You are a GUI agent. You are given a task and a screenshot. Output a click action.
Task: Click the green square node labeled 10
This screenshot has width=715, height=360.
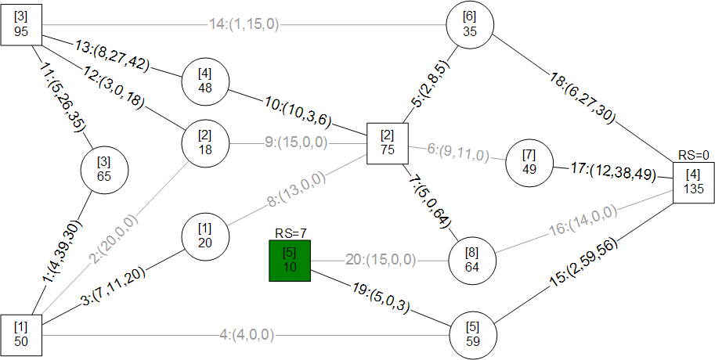click(x=290, y=261)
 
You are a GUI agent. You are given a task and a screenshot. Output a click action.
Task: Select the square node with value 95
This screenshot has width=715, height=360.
click(x=21, y=25)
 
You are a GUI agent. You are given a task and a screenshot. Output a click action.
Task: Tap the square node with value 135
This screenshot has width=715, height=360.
click(x=694, y=182)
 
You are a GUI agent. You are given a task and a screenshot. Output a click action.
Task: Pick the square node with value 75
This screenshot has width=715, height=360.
click(x=388, y=143)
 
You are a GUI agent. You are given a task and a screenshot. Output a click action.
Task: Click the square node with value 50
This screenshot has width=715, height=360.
click(x=21, y=335)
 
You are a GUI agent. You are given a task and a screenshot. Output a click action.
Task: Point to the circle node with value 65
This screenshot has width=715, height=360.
click(x=104, y=170)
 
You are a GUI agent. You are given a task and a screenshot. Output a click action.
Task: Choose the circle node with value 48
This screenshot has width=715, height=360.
click(x=205, y=81)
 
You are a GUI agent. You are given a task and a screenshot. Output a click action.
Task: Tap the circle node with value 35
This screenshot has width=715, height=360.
click(x=470, y=24)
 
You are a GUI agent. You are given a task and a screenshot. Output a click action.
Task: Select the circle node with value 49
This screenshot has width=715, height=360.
click(x=529, y=163)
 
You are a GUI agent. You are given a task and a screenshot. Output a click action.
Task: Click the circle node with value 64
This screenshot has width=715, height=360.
click(x=472, y=261)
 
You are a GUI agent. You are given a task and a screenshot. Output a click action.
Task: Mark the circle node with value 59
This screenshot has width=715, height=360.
click(x=473, y=335)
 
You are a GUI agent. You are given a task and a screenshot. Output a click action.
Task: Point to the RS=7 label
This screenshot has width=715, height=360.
click(x=290, y=234)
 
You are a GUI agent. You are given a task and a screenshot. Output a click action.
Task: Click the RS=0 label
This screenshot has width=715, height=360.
click(x=694, y=156)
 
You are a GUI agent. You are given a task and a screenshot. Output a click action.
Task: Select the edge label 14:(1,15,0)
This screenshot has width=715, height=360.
click(x=244, y=24)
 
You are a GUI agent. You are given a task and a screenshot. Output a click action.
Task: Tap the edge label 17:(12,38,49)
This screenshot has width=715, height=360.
click(x=613, y=171)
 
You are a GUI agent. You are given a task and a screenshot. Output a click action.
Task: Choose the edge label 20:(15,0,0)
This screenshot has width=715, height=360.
click(x=381, y=260)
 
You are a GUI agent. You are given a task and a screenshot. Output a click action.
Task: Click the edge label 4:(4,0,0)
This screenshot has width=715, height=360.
click(x=247, y=336)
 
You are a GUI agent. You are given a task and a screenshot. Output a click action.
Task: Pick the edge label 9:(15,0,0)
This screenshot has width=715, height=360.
click(x=296, y=143)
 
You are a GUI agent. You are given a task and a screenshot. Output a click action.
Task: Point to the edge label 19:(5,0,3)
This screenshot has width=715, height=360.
click(x=380, y=298)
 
